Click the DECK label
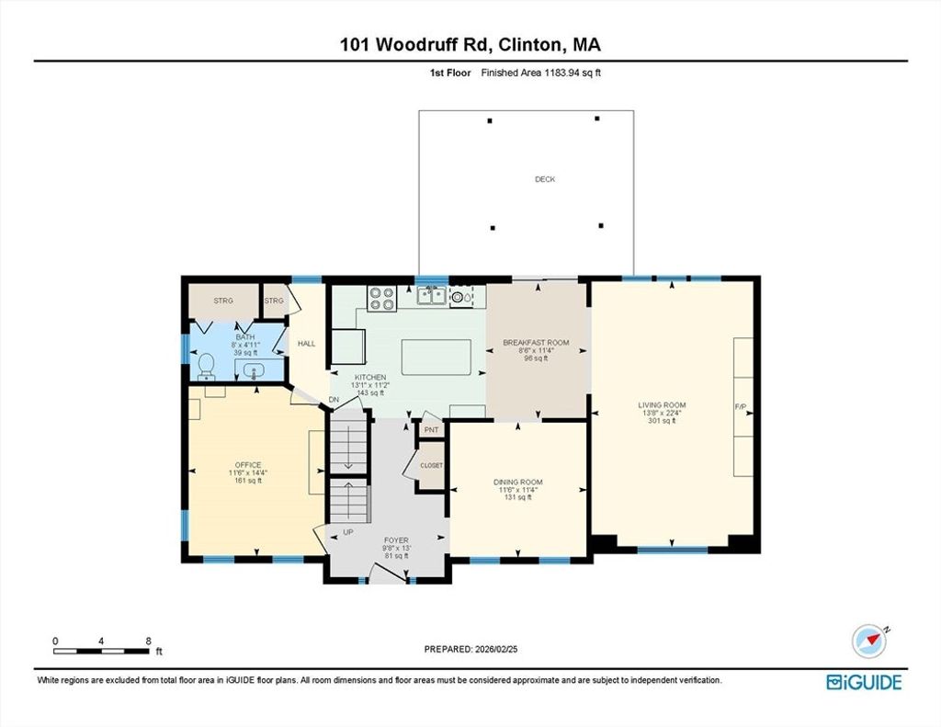click(x=545, y=179)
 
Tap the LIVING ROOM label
click(x=662, y=405)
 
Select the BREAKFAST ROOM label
click(x=536, y=343)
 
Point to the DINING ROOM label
click(x=518, y=483)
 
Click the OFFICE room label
click(x=248, y=465)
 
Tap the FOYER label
click(x=396, y=540)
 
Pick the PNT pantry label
click(x=432, y=430)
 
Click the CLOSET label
click(x=432, y=465)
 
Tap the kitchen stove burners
click(x=382, y=299)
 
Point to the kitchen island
click(x=436, y=358)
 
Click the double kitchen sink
click(x=432, y=295)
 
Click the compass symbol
click(x=869, y=642)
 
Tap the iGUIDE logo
click(x=864, y=683)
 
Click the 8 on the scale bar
click(x=148, y=642)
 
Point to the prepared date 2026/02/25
click(x=496, y=649)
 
